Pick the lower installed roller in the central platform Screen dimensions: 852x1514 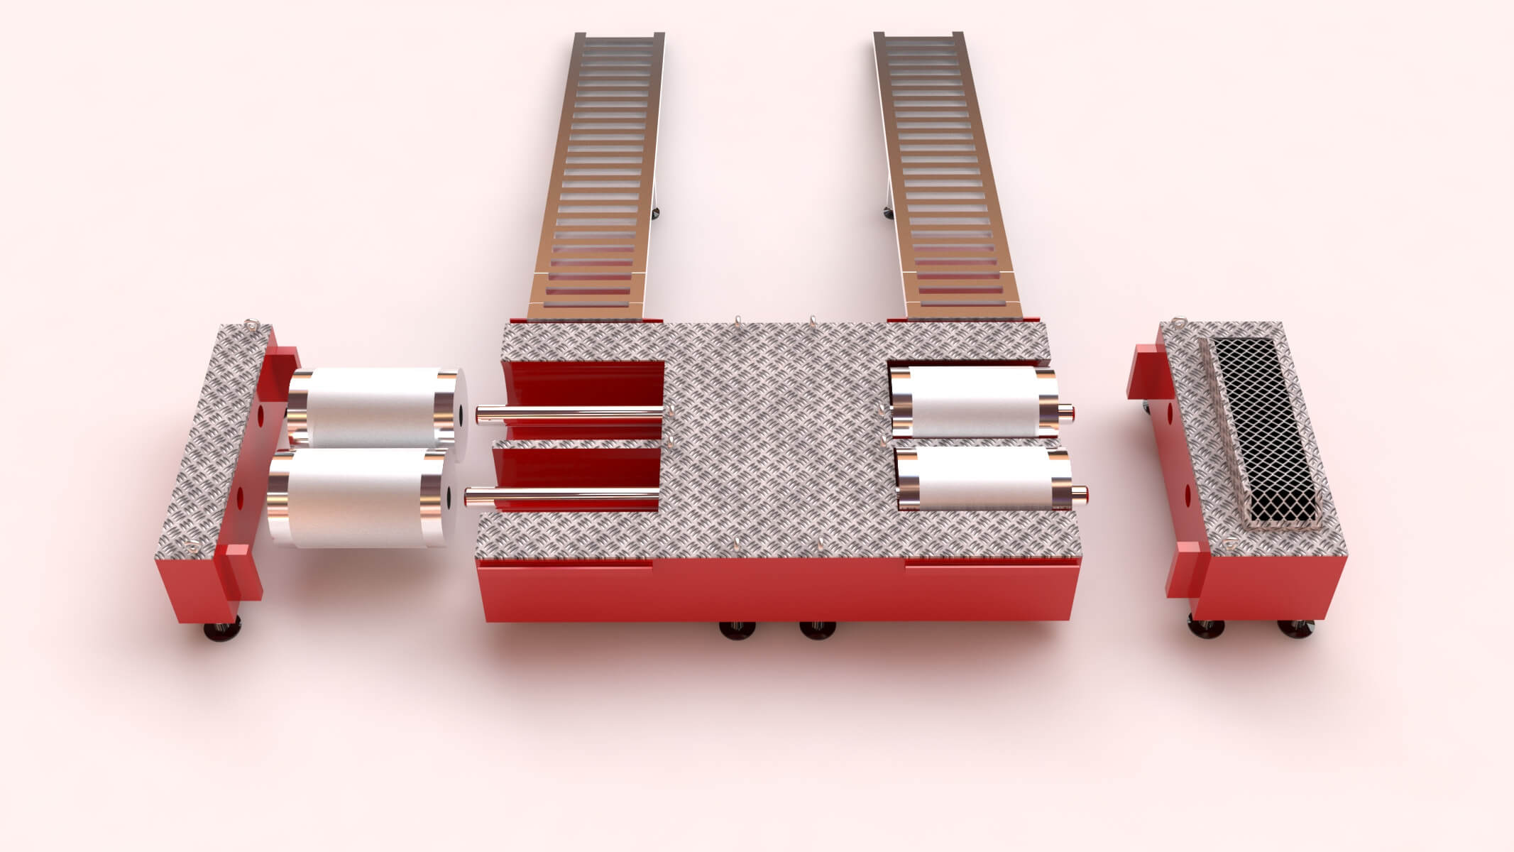pyautogui.click(x=983, y=480)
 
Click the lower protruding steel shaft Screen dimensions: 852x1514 pyautogui.click(x=561, y=494)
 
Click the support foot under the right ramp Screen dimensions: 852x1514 pyautogui.click(x=887, y=211)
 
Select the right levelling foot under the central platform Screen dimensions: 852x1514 pyautogui.click(x=817, y=628)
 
